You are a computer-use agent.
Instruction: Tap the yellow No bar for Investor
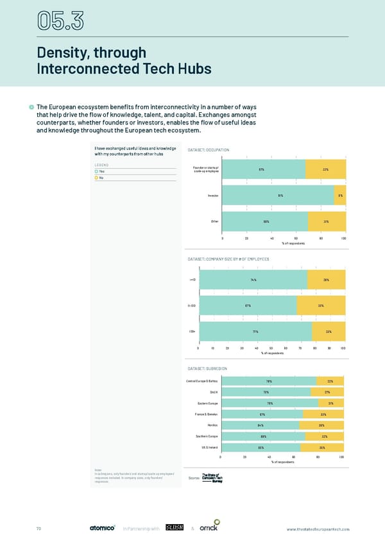(340, 195)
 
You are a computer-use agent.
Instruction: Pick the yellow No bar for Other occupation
(327, 221)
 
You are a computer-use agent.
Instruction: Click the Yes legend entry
(102, 171)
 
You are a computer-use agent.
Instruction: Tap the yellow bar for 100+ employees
(329, 332)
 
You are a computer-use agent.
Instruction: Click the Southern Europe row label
(205, 436)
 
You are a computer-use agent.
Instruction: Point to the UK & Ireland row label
(207, 447)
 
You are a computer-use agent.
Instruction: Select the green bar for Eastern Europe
(269, 403)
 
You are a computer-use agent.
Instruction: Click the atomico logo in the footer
(101, 528)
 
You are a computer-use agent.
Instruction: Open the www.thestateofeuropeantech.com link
(318, 529)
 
